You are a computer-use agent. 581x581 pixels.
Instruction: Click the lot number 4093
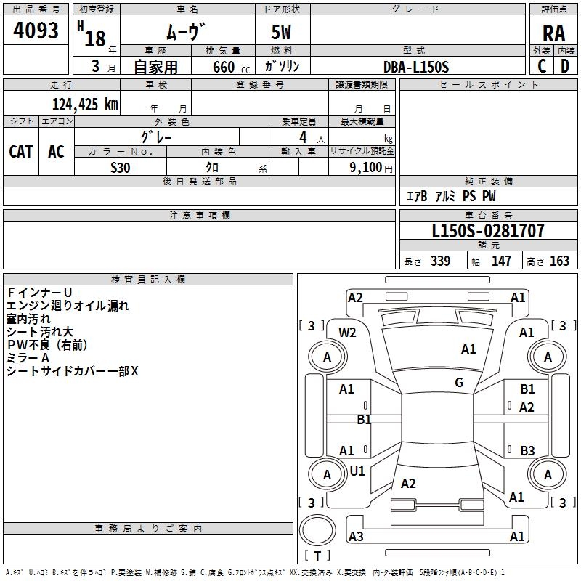[36, 31]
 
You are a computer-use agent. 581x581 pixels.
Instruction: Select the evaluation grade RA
[553, 33]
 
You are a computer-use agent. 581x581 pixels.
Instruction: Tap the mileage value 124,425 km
[85, 105]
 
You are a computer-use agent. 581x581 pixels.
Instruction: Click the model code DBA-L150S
[416, 67]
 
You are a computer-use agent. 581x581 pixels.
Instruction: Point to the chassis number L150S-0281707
[488, 231]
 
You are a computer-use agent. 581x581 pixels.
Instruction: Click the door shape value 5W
[281, 32]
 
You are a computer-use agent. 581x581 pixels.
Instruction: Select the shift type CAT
[21, 152]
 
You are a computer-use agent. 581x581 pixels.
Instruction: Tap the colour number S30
[121, 168]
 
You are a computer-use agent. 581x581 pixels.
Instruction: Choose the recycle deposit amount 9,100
[366, 168]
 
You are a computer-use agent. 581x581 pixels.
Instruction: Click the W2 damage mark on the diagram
[347, 333]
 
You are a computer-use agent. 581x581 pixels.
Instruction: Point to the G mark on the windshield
[459, 382]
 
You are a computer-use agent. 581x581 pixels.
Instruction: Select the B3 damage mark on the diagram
[527, 450]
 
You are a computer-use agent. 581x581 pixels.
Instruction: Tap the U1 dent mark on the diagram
[357, 471]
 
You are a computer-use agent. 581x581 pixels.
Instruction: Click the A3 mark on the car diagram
[356, 536]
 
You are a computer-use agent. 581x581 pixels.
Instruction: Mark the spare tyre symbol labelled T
[317, 530]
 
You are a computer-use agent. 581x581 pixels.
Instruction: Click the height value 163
[559, 261]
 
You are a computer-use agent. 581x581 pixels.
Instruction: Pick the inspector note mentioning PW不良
[47, 345]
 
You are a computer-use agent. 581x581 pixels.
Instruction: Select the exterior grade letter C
[542, 66]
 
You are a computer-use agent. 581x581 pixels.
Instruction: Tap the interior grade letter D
[565, 66]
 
